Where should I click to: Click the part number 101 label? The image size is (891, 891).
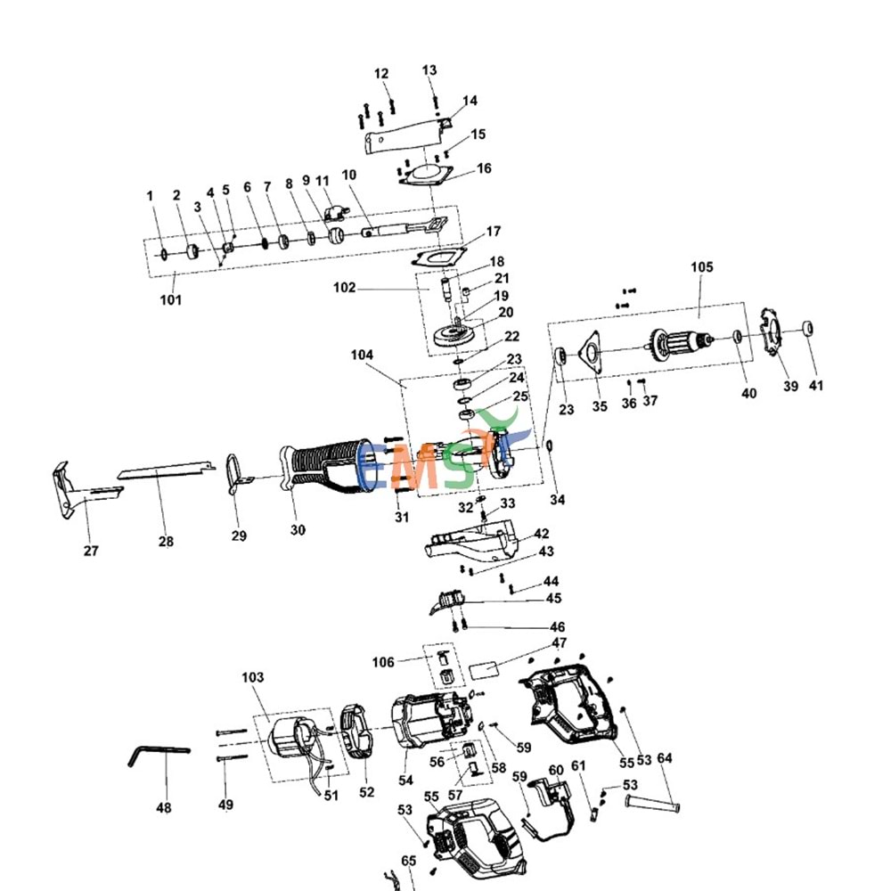pyautogui.click(x=170, y=299)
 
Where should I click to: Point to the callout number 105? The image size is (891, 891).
pyautogui.click(x=702, y=267)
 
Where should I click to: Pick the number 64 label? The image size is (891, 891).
pyautogui.click(x=665, y=759)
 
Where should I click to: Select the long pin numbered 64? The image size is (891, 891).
pyautogui.click(x=655, y=805)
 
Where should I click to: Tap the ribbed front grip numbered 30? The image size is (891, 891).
pyautogui.click(x=321, y=464)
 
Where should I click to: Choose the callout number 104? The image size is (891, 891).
pyautogui.click(x=362, y=355)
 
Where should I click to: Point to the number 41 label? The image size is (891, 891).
pyautogui.click(x=816, y=386)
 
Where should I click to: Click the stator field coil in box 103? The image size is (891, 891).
pyautogui.click(x=291, y=739)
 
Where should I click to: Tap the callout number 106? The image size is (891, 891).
pyautogui.click(x=383, y=661)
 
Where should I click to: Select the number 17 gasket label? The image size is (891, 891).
pyautogui.click(x=494, y=233)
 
